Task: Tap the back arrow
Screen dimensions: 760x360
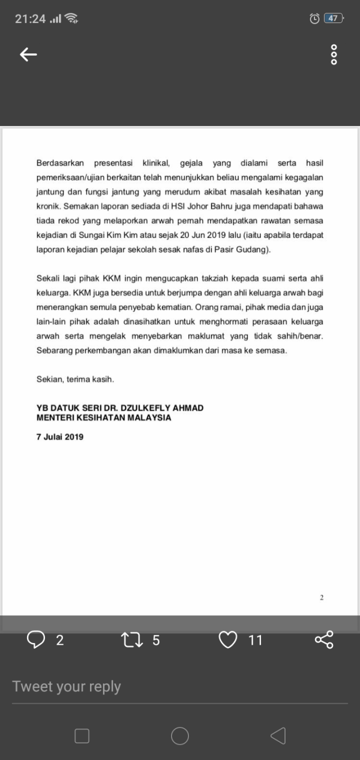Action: coord(28,55)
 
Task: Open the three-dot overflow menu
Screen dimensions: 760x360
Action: coord(334,55)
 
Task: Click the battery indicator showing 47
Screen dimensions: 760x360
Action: coord(333,19)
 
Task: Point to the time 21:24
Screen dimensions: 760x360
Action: coord(30,19)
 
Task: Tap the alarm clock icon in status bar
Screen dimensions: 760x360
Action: coord(314,19)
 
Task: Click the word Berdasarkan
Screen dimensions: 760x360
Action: coord(60,163)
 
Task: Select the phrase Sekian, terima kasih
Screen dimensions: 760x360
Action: coord(75,380)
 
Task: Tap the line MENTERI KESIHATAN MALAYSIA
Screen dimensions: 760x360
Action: coord(104,418)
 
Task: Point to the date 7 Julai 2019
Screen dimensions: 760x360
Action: coord(60,437)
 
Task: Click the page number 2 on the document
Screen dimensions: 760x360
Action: coord(322,597)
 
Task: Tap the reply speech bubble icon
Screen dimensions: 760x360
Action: coord(36,640)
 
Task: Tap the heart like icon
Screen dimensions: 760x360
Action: coord(227,640)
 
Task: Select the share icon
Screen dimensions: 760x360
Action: coord(324,640)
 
